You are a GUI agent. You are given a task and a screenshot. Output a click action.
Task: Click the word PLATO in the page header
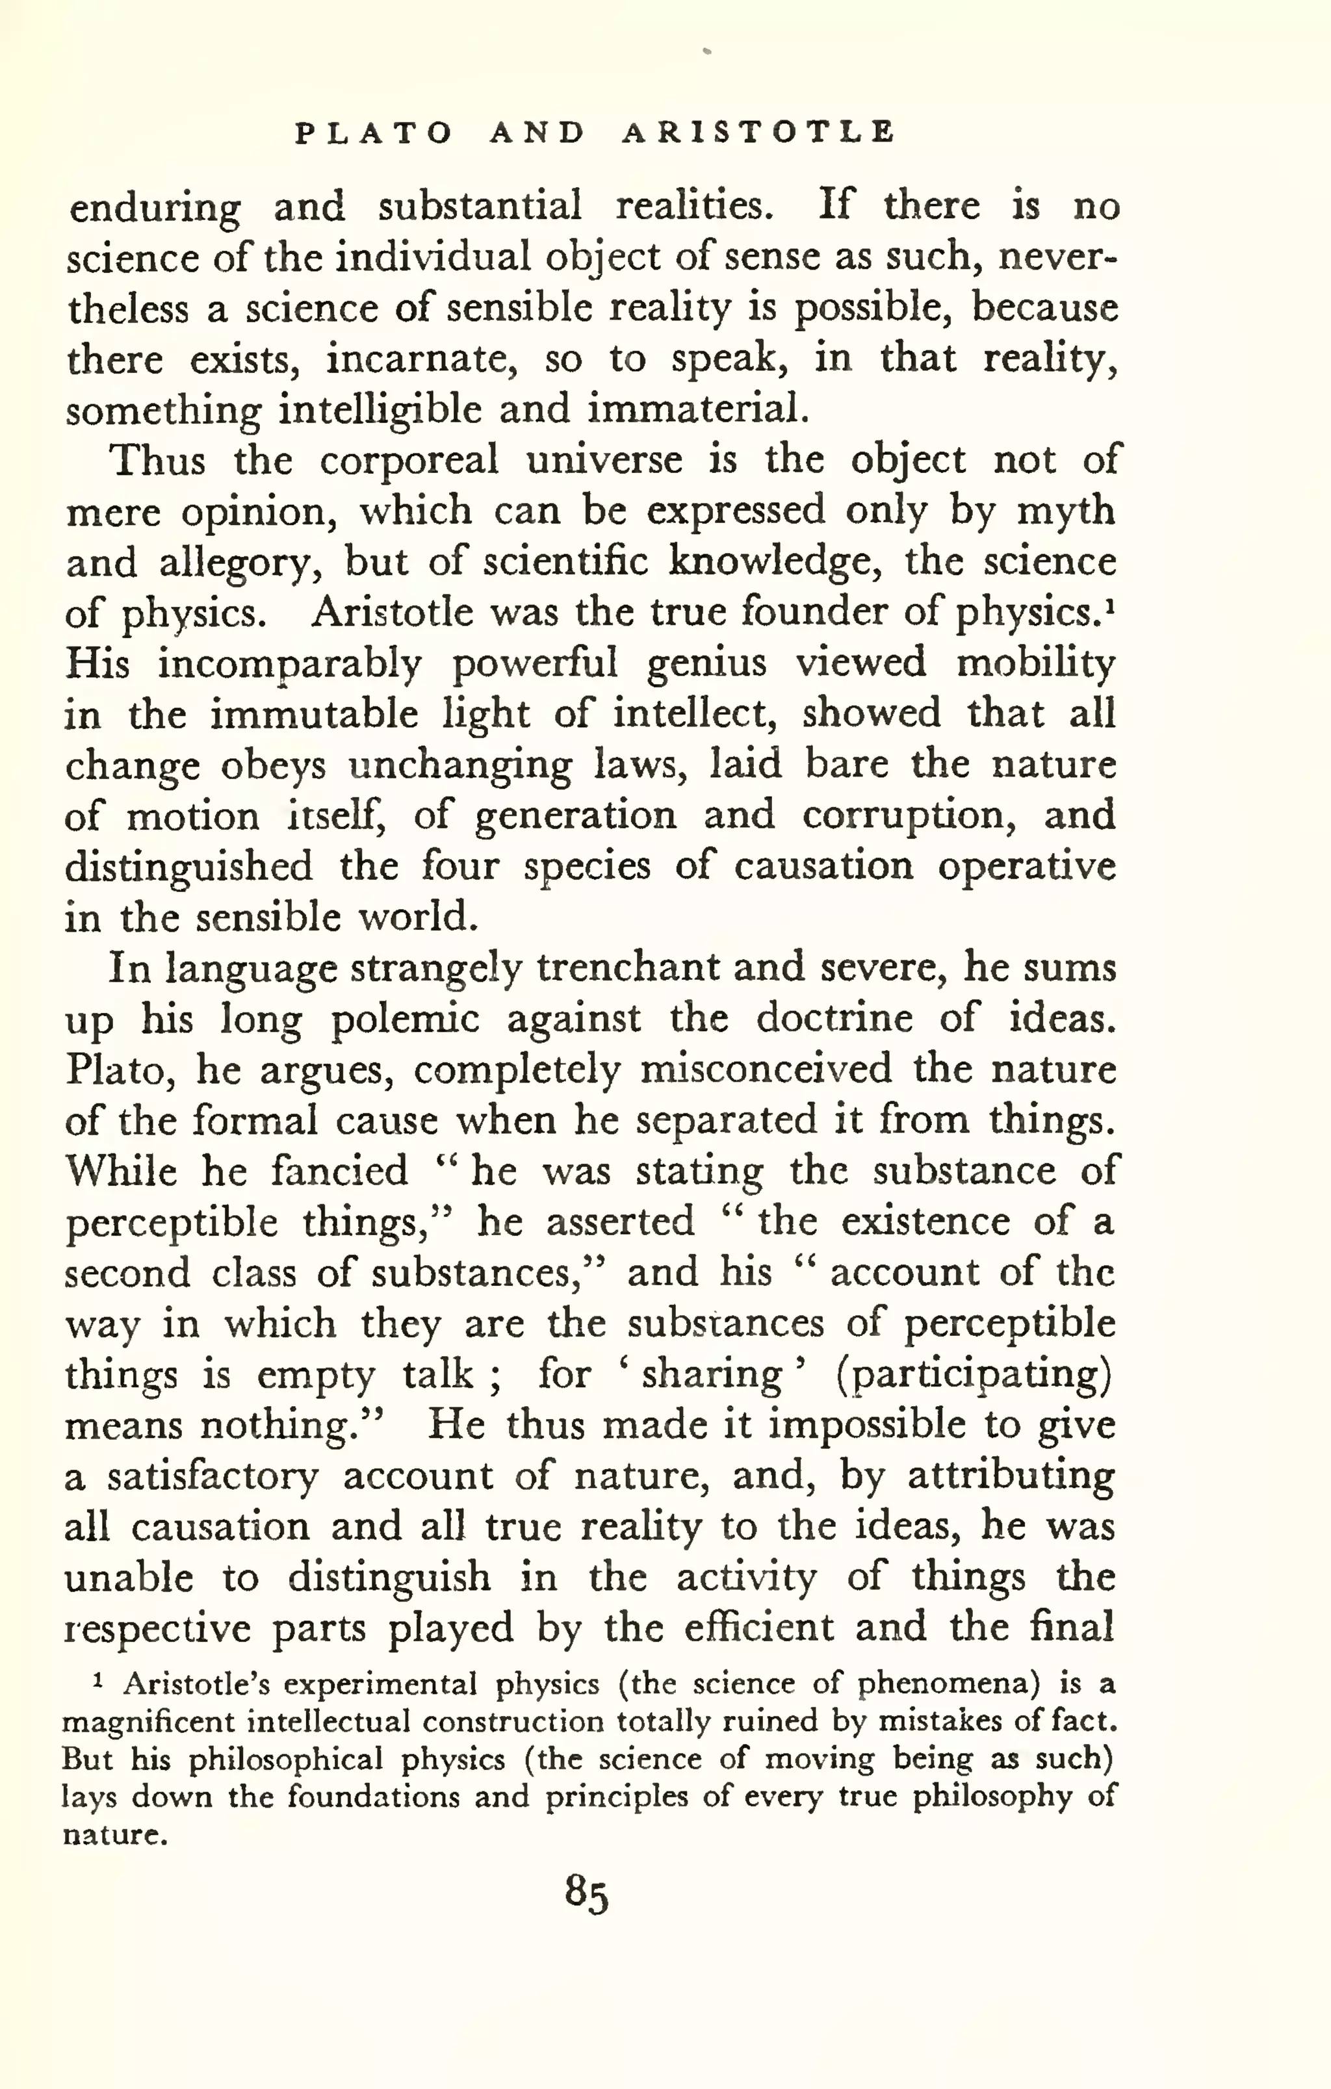tap(374, 133)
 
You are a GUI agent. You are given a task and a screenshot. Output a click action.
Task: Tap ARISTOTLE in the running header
tap(758, 133)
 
